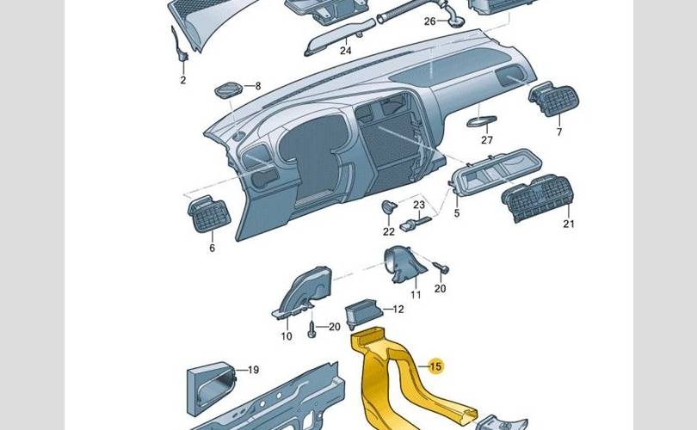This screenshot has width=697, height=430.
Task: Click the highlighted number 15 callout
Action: coord(435,366)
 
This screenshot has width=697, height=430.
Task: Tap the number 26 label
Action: coord(429,21)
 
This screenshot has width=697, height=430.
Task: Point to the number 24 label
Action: coord(345,51)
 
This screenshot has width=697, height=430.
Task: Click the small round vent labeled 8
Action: coord(229,90)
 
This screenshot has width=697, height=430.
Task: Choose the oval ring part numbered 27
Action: coord(481,120)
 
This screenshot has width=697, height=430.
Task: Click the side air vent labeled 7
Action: coord(554,99)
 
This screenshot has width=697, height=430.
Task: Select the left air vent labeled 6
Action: coord(209,213)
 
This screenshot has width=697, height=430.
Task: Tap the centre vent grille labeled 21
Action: coord(538,199)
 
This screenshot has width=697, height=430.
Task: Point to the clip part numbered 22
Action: coord(389,206)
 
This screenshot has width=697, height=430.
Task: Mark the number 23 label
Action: coord(419,205)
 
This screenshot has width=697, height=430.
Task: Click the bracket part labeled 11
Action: coord(404,264)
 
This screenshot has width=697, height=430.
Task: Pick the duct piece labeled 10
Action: coord(303,292)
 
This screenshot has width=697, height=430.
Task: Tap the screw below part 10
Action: coord(312,329)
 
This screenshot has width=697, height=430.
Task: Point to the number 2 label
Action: coord(183,80)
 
